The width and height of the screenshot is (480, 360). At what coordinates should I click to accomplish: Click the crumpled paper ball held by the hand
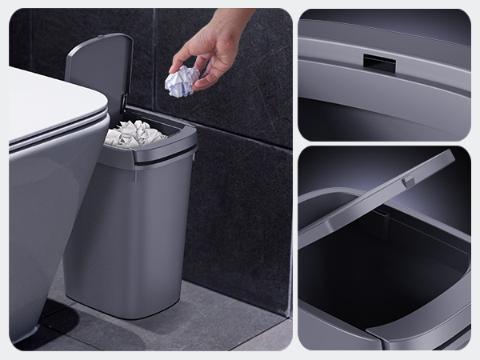pos(182,81)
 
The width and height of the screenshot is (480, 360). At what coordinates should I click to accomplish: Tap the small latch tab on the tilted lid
pos(408,182)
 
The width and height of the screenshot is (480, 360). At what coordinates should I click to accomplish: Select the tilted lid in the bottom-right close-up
pos(376,200)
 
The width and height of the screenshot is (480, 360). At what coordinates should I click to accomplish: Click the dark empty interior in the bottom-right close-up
pos(376,272)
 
